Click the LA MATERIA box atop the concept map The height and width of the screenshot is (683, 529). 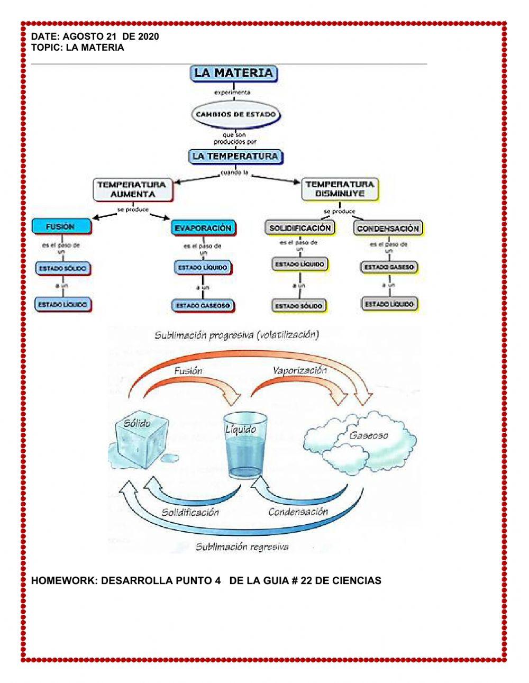(233, 73)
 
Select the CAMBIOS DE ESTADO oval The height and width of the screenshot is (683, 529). (235, 114)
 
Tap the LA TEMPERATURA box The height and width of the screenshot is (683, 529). (235, 157)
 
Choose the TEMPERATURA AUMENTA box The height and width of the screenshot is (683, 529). (132, 190)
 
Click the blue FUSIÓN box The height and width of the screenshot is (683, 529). (61, 226)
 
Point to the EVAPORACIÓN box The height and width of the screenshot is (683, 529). (203, 228)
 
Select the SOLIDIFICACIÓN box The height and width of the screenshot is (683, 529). (299, 228)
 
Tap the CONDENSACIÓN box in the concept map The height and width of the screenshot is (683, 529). (388, 229)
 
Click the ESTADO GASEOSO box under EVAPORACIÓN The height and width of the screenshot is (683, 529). (203, 305)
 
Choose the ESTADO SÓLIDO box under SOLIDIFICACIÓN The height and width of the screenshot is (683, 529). (299, 305)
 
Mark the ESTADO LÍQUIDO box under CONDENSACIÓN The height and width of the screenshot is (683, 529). (389, 304)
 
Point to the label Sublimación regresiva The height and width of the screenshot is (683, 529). (242, 547)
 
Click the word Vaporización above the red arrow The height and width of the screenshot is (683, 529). (300, 370)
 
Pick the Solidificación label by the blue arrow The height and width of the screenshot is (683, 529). (190, 512)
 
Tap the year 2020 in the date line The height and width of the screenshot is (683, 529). (148, 37)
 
